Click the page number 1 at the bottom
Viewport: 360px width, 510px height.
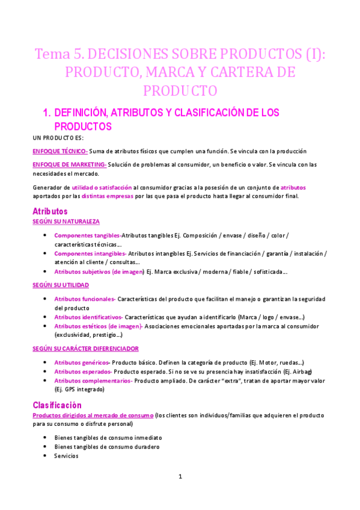(x=180, y=476)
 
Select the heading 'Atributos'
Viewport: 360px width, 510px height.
(x=50, y=211)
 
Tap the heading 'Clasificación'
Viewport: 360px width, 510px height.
(x=57, y=405)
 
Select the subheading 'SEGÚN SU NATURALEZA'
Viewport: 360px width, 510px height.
(x=66, y=221)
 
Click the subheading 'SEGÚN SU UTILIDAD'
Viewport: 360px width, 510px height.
(x=62, y=285)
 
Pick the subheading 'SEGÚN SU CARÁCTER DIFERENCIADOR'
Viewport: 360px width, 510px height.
(x=85, y=348)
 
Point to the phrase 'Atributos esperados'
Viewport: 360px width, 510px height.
(x=82, y=372)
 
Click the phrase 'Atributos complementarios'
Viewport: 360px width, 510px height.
(x=93, y=381)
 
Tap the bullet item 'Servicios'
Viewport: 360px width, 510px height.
(x=66, y=456)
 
